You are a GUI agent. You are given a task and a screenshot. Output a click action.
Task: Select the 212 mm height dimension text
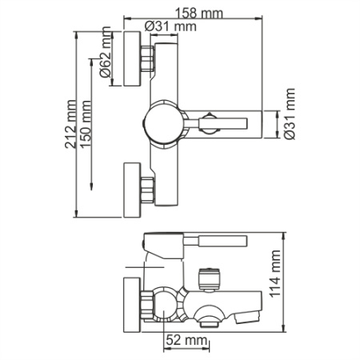coord(74,120)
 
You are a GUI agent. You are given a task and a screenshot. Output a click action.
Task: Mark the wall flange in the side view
coord(130,303)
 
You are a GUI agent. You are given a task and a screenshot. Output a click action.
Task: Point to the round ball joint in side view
coord(167,303)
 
